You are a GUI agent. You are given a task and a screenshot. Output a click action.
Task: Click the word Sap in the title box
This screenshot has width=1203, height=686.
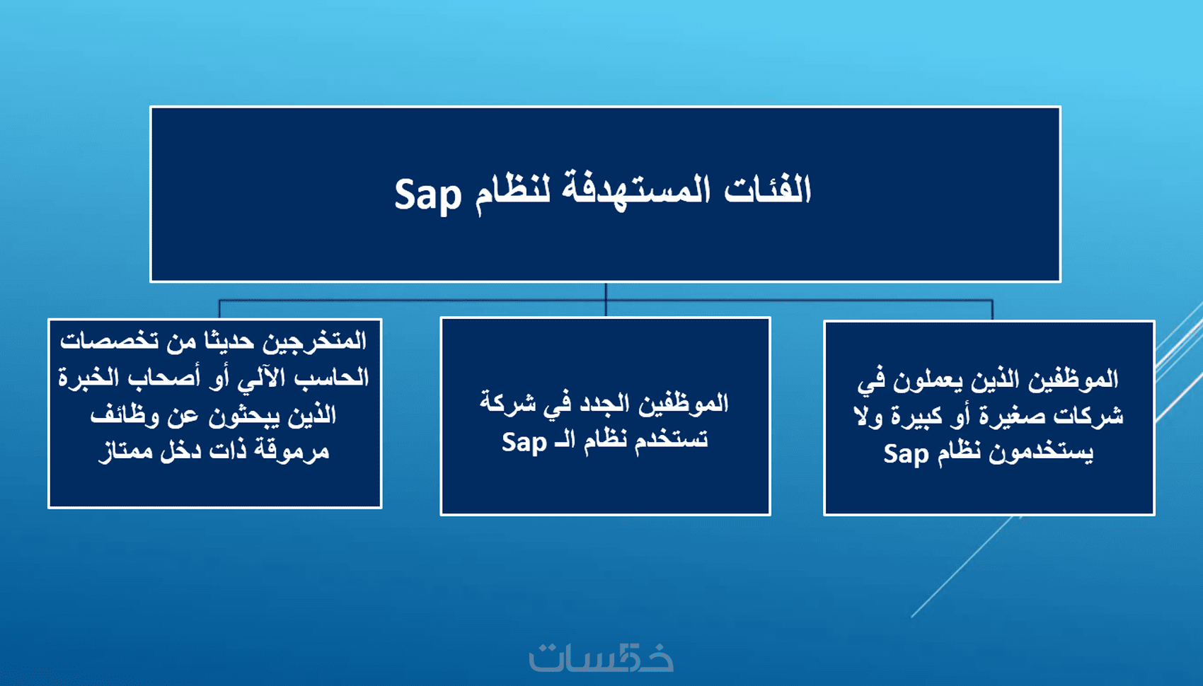[x=428, y=195]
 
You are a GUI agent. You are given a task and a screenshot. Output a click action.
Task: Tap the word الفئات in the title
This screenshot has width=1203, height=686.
[x=768, y=190]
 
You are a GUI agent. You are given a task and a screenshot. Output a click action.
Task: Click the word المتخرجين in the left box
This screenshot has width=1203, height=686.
[x=314, y=342]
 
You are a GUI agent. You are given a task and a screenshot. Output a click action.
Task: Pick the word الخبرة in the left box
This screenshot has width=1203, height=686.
[x=88, y=378]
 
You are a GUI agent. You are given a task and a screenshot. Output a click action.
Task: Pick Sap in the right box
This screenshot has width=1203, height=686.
[x=906, y=454]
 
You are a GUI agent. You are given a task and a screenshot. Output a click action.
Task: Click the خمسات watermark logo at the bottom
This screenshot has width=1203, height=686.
[x=601, y=656]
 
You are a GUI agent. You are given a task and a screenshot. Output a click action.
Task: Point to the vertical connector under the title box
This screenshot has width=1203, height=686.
[x=606, y=300]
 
